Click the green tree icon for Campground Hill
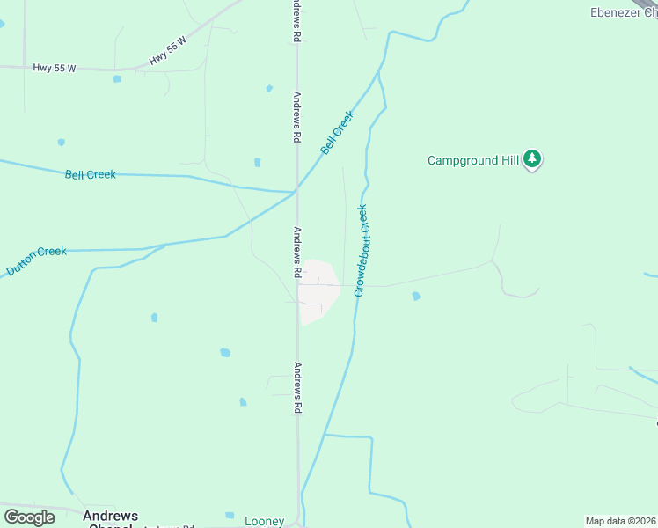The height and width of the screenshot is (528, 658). point(532,159)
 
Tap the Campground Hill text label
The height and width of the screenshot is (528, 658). point(472,160)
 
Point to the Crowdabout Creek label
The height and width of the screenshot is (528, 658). point(361,250)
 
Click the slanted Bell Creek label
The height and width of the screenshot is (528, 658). point(338,132)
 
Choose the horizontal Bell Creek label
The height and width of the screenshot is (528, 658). point(91,174)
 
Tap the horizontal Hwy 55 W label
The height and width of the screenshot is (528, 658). point(54,68)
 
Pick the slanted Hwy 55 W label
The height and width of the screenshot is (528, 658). point(169,48)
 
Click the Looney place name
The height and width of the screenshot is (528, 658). point(264,522)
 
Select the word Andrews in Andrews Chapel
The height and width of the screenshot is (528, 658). point(111,516)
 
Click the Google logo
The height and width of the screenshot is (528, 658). point(29,517)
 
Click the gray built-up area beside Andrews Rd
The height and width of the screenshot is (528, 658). point(318,290)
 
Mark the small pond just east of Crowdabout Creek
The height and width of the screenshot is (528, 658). point(416,297)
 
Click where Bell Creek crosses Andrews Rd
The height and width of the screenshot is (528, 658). point(296,190)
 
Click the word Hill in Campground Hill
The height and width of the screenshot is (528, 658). point(507,160)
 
